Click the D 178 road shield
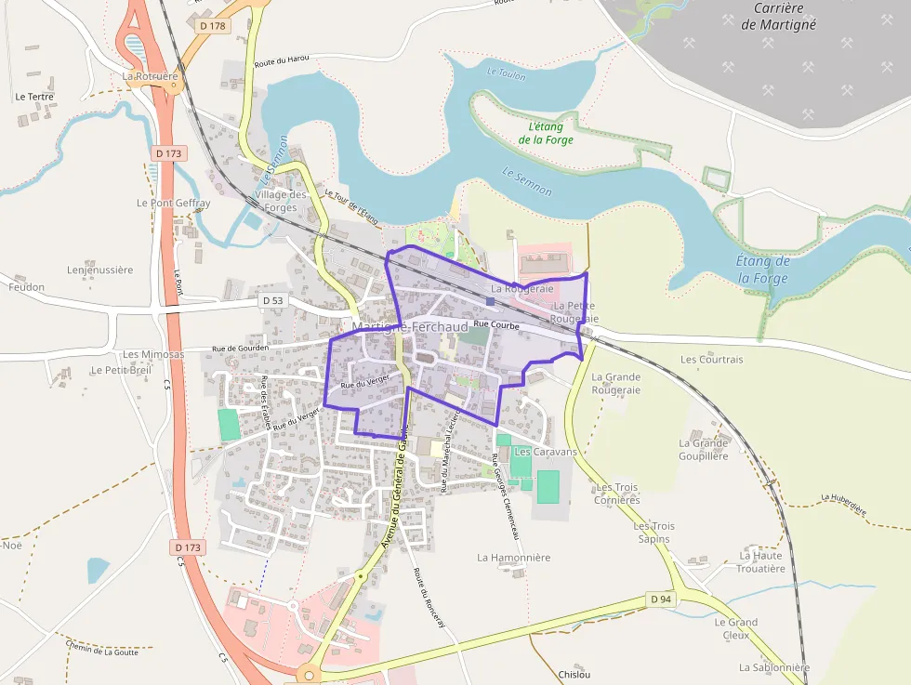[213, 26]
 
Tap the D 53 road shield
[272, 300]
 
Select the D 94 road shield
[660, 599]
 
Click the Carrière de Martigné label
[778, 17]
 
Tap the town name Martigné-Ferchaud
[410, 328]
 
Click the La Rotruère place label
[150, 76]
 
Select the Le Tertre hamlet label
[34, 97]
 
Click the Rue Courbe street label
[496, 325]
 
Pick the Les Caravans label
[546, 452]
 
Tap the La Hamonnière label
[514, 558]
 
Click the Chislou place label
[574, 674]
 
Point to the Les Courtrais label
[712, 359]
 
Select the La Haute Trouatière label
[760, 561]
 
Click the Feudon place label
[26, 287]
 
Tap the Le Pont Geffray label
[174, 203]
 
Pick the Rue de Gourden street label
[240, 349]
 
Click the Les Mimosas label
[153, 354]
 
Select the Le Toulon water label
[506, 72]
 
